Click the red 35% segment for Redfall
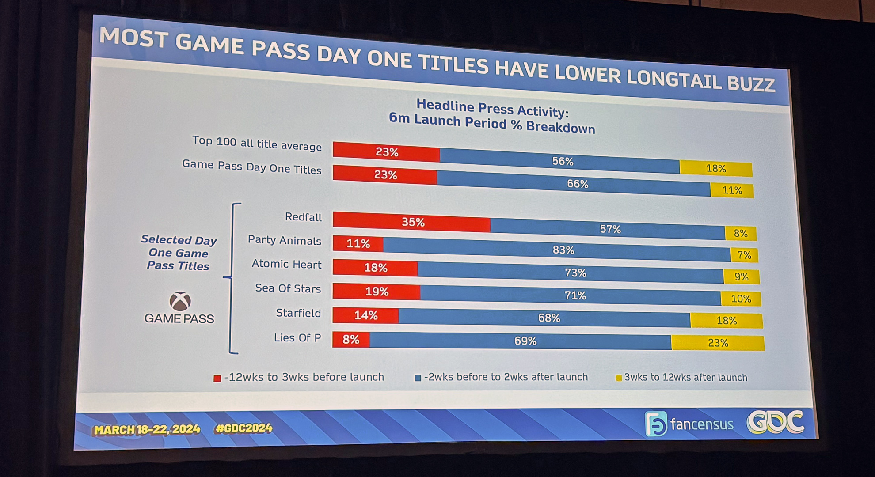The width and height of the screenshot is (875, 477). [411, 222]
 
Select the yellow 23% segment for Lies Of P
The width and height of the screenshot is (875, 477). [718, 343]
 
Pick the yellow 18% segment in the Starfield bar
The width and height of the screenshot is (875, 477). [727, 320]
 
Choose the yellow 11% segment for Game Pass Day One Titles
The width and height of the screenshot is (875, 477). [732, 190]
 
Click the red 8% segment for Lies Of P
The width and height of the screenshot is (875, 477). [351, 339]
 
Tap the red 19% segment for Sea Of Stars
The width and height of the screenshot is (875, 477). [376, 291]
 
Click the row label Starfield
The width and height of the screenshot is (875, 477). [298, 313]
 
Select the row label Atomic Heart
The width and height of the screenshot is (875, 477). [286, 264]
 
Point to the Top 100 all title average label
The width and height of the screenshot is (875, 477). [257, 143]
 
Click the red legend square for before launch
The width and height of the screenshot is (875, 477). [217, 378]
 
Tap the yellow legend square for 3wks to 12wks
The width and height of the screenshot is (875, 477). [619, 378]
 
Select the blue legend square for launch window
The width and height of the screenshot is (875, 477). [418, 378]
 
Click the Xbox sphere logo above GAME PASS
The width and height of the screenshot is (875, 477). [180, 302]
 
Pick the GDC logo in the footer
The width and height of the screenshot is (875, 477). [775, 422]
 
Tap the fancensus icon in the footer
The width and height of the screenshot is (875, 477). [656, 424]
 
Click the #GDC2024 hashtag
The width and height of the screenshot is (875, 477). [243, 428]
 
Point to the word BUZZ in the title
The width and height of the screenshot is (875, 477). [751, 83]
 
